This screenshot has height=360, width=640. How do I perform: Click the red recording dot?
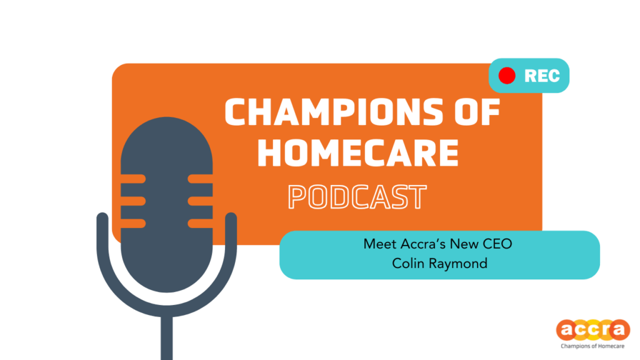pyautogui.click(x=507, y=76)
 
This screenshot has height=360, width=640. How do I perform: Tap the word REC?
pyautogui.click(x=542, y=76)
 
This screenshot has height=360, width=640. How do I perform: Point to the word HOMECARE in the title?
pyautogui.click(x=358, y=152)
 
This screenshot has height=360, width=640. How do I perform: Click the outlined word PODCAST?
pyautogui.click(x=357, y=197)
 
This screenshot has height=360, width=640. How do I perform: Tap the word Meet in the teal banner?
pyautogui.click(x=381, y=244)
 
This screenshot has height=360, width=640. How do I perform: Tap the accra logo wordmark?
pyautogui.click(x=593, y=330)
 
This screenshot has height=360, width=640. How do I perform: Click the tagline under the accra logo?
pyautogui.click(x=592, y=346)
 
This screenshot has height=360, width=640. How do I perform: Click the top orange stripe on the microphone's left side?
pyautogui.click(x=134, y=179)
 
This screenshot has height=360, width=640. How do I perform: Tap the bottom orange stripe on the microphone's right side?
pyautogui.click(x=200, y=223)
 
